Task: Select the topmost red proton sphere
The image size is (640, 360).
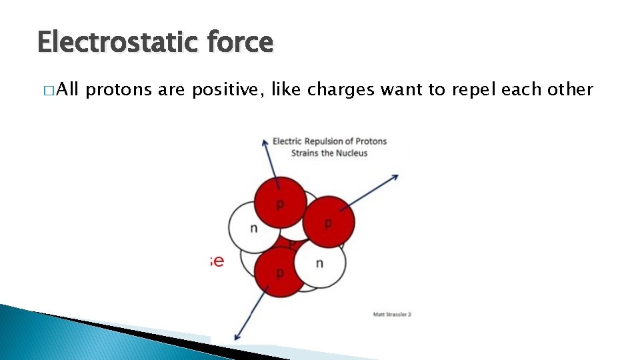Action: [280, 202]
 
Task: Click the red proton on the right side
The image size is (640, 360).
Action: [328, 222]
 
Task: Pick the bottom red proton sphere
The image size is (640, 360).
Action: [280, 272]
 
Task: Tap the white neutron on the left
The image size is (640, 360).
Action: [253, 227]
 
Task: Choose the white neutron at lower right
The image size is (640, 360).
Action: [320, 263]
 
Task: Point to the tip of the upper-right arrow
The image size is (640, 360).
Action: [398, 175]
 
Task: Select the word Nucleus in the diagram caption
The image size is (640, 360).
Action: [352, 153]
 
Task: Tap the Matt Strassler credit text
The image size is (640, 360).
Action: [392, 314]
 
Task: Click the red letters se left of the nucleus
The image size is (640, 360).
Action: [216, 261]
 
